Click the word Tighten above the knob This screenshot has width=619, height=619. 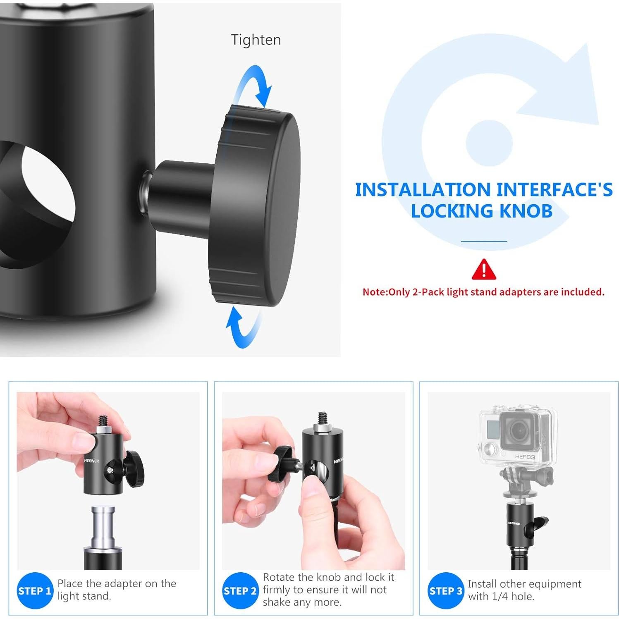click(x=256, y=40)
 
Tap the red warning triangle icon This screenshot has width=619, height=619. click(x=483, y=269)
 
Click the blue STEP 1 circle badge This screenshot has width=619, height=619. click(x=35, y=590)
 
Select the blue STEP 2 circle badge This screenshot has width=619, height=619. click(x=240, y=590)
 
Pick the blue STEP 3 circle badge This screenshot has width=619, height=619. click(x=445, y=590)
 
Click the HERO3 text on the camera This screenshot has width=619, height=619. click(x=525, y=456)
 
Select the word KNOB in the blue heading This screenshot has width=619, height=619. click(x=526, y=211)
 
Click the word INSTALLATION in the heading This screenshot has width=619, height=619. click(x=423, y=190)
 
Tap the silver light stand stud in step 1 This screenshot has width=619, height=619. click(x=103, y=525)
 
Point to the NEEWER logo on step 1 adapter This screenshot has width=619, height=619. click(x=91, y=461)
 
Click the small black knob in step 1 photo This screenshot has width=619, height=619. click(x=134, y=469)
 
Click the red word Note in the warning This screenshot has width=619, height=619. click(x=374, y=292)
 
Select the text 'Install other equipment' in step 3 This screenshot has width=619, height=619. click(x=524, y=584)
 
